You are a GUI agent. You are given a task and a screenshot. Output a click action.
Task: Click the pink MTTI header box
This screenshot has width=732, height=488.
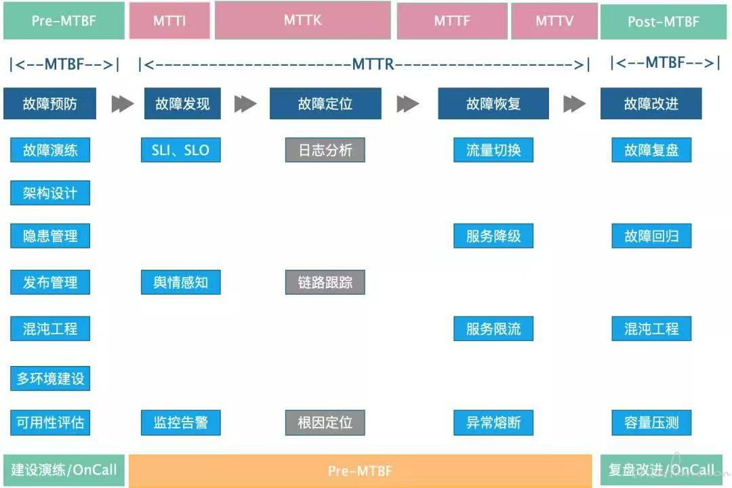[169, 20]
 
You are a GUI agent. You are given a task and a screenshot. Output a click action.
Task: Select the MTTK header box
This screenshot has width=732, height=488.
[302, 20]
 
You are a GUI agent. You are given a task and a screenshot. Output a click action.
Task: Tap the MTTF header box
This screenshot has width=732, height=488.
[452, 21]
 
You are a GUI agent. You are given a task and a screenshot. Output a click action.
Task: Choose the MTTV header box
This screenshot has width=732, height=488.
[554, 21]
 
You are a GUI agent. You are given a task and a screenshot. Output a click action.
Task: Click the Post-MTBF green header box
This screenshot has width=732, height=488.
[664, 22]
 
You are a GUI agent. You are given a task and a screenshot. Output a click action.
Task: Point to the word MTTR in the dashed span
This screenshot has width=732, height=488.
[373, 64]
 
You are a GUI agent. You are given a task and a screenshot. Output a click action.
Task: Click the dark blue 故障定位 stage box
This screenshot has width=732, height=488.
[325, 103]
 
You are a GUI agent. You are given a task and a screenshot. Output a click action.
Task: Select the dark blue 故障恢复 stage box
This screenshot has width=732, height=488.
[493, 103]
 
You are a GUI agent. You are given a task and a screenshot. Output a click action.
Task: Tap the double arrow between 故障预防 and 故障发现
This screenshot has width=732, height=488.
[122, 104]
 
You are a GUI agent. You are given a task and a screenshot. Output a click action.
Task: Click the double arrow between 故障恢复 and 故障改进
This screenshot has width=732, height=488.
[574, 104]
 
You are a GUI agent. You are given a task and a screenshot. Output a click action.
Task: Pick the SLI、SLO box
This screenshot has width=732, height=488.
[181, 150]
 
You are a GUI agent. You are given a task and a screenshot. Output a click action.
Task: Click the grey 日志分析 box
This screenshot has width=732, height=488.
[325, 150]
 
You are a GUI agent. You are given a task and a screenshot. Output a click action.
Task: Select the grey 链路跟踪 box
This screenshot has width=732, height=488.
[325, 282]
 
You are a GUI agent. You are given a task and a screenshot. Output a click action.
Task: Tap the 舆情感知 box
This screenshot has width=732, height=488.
[181, 282]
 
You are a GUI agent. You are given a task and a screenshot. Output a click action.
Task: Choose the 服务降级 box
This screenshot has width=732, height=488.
[493, 236]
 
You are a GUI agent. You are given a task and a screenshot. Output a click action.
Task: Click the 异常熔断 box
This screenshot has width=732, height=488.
[493, 423]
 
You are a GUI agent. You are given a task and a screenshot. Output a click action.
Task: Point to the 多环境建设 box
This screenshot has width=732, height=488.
[50, 378]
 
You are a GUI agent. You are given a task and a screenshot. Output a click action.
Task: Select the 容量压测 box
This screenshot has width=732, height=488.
[651, 423]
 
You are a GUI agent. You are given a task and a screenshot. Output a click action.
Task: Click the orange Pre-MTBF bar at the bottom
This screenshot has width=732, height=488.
[361, 471]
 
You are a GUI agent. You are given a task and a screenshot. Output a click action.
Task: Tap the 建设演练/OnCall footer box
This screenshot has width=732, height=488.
[64, 470]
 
